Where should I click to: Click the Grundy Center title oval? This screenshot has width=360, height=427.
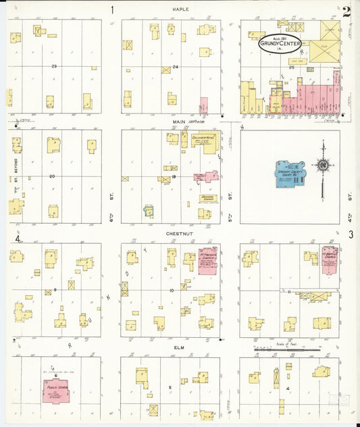(280, 44)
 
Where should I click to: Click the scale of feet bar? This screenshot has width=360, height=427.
(286, 349)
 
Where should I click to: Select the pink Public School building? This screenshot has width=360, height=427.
(56, 391)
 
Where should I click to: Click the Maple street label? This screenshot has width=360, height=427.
(180, 9)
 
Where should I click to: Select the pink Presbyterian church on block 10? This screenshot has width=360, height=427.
(207, 261)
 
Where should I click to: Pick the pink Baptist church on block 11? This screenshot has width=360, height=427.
(329, 260)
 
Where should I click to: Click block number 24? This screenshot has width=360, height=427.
(175, 66)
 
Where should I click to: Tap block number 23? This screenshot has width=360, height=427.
(54, 66)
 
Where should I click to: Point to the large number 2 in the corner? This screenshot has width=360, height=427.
(346, 11)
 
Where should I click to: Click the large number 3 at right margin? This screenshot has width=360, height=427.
(351, 234)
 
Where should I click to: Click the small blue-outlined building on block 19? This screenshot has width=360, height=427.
(149, 211)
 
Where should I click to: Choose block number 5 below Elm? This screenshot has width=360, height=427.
(170, 388)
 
